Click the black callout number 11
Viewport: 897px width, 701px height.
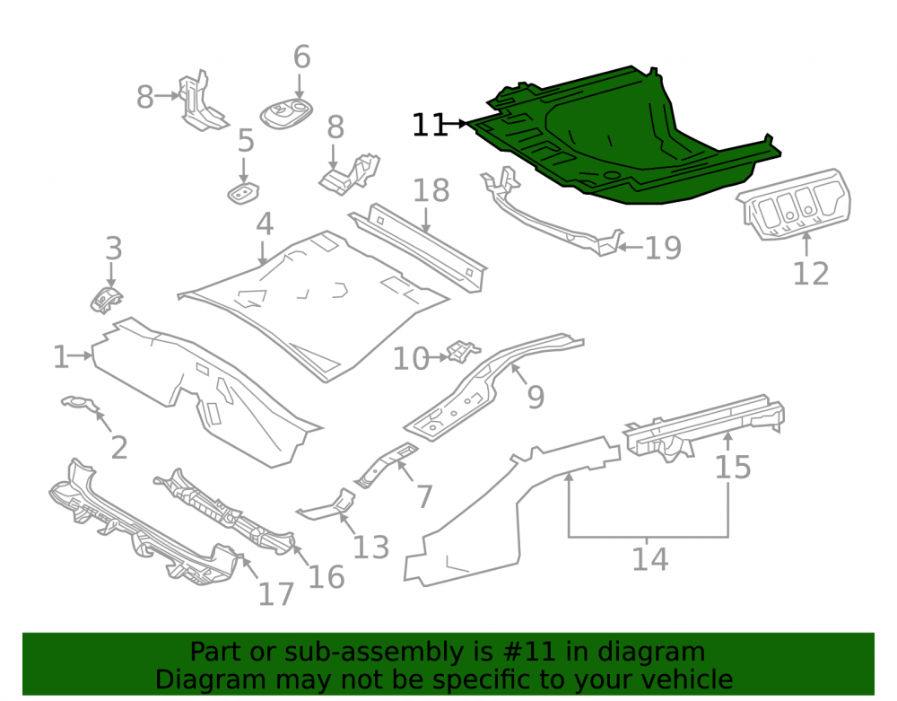[x=429, y=125]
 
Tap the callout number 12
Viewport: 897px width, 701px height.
[x=811, y=274]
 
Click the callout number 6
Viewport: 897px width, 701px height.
[x=301, y=57]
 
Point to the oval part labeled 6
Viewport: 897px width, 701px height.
[x=287, y=113]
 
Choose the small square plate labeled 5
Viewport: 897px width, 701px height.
[x=243, y=193]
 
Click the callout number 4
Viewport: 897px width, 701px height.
[x=265, y=224]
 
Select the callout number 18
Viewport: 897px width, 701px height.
[x=431, y=190]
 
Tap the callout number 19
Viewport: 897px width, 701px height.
[x=663, y=249]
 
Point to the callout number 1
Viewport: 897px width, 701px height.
[x=61, y=357]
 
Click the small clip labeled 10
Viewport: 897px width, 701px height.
[x=464, y=351]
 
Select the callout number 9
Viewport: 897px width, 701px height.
[x=536, y=397]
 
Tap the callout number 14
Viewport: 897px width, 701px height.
[x=649, y=559]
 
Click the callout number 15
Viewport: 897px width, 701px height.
[x=733, y=468]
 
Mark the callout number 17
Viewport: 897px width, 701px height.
[x=275, y=594]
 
